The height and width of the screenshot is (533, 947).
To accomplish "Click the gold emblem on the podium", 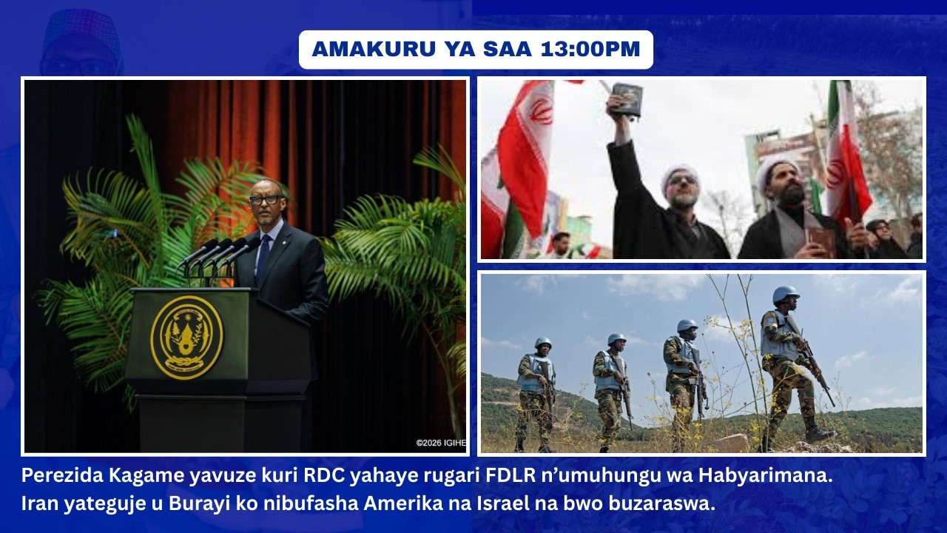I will coord(186,337).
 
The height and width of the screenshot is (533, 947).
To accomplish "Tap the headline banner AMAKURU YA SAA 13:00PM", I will coord(476,50).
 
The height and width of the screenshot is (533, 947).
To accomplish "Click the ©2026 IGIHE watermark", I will coord(441,443).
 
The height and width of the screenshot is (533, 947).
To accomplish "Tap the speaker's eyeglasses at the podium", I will coord(264,199).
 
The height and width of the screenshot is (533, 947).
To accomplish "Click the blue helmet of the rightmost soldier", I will coord(785,295).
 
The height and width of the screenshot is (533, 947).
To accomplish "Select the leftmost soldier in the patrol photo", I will coord(535,392).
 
